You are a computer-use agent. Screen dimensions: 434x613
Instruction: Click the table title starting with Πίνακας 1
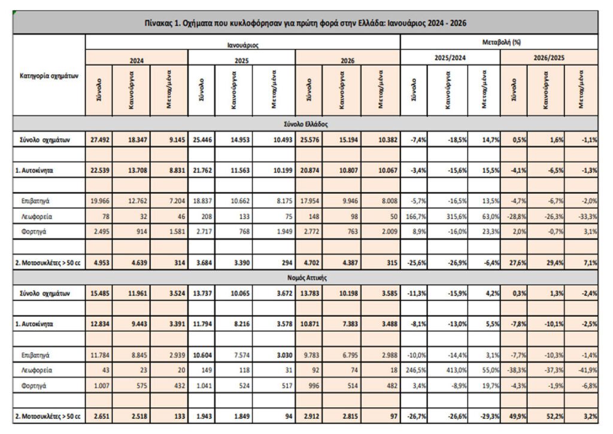(305, 23)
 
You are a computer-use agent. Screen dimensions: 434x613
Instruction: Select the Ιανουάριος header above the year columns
(242, 45)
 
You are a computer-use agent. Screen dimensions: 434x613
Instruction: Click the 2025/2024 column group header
(450, 58)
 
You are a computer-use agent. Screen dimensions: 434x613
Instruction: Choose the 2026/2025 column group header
(549, 58)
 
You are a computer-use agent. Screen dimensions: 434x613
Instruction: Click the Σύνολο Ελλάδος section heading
(305, 124)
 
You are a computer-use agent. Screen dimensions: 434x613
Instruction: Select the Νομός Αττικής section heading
(305, 278)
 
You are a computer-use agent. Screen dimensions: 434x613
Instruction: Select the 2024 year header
(136, 60)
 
